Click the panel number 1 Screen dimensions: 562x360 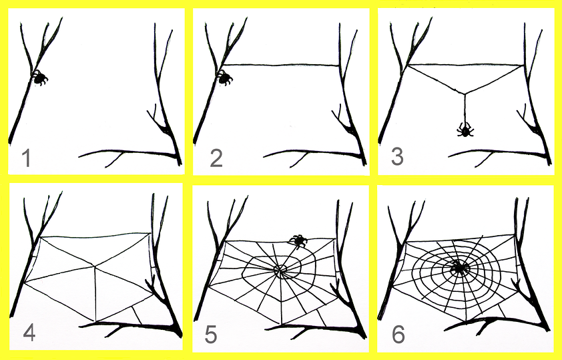(26, 158)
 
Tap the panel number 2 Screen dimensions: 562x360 (216, 158)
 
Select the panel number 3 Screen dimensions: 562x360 (397, 157)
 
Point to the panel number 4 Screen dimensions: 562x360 (29, 333)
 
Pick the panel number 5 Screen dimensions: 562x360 (211, 335)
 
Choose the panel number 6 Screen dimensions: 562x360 (398, 335)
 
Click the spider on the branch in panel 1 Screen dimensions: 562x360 (39, 77)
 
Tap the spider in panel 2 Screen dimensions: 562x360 (224, 77)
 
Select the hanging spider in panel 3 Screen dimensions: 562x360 (465, 130)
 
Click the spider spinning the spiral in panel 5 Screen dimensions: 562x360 (298, 241)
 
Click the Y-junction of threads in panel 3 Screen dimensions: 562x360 (465, 94)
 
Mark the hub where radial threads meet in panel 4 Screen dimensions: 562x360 (95, 266)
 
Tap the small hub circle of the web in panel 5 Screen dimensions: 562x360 (280, 270)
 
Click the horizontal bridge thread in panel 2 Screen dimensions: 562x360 (281, 65)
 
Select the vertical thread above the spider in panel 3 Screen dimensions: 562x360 (465, 108)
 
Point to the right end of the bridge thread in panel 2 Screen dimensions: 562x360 (339, 65)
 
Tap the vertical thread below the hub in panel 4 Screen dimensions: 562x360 (95, 293)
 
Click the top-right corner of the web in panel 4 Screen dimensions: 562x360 (150, 233)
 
